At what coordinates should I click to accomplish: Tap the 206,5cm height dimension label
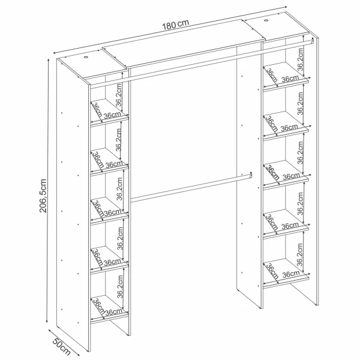43,196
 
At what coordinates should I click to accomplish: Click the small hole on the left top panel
86,57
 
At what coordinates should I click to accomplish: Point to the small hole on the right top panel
266,21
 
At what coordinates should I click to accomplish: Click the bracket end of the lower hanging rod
251,175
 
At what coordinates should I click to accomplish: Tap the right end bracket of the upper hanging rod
312,40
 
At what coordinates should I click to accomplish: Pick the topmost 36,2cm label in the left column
118,95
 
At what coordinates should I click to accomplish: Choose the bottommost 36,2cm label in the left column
120,287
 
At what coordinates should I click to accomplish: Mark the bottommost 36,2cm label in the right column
300,255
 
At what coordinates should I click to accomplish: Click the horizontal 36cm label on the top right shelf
290,79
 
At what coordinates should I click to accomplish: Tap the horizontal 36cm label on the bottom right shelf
291,274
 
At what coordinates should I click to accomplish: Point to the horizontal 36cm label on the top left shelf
113,115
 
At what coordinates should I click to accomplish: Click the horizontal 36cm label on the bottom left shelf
114,312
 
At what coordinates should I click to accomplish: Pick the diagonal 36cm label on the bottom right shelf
272,271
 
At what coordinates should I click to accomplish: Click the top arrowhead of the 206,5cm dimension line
48,60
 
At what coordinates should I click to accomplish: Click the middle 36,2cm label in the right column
300,152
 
